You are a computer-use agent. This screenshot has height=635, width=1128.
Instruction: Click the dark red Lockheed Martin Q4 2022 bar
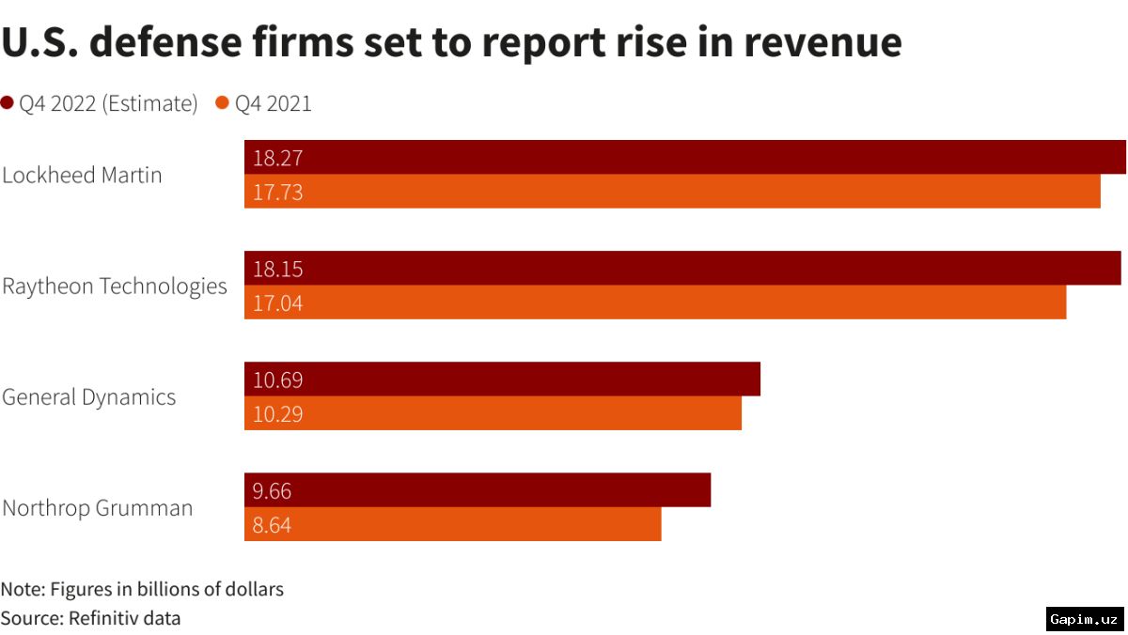685,158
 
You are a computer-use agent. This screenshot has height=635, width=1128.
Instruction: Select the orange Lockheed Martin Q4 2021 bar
672,192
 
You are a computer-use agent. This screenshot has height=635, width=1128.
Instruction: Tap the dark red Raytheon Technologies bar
682,269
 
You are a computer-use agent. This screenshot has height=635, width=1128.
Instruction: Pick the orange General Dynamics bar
493,413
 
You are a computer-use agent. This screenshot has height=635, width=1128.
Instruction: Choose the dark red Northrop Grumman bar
478,490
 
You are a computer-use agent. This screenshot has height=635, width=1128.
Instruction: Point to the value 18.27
278,158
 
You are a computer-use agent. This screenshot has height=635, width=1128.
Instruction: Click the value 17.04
278,303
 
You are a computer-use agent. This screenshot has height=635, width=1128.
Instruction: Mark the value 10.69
278,380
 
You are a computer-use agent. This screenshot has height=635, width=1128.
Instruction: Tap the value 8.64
273,525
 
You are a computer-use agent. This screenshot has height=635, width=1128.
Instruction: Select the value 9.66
273,491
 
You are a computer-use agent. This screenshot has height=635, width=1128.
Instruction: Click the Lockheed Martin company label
82,175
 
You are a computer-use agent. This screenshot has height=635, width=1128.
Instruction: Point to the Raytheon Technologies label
115,286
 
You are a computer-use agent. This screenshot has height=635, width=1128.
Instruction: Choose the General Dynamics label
88,396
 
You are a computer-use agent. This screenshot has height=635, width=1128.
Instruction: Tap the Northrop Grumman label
97,508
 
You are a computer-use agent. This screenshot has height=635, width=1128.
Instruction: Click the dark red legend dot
8,103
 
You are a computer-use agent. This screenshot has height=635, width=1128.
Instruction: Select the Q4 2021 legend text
273,103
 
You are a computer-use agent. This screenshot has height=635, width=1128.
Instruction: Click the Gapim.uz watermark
1084,619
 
